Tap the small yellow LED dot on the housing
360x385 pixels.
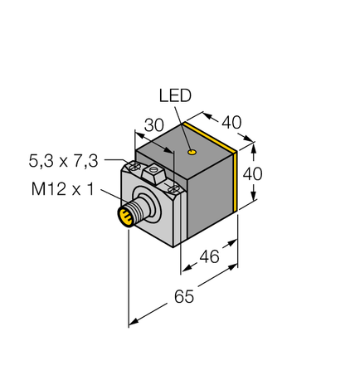[192, 153]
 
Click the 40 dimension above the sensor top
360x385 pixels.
[232, 122]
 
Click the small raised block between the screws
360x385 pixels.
[153, 173]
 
